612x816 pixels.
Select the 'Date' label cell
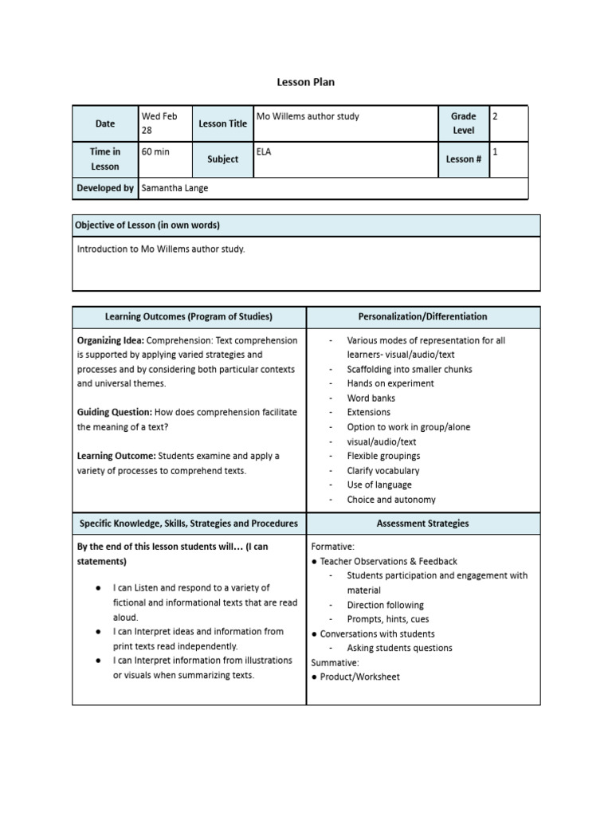coord(105,124)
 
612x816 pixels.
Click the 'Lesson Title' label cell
coord(222,124)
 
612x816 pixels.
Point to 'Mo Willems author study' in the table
coord(308,116)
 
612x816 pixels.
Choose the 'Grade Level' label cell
coord(463,124)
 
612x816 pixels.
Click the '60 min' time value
coord(155,151)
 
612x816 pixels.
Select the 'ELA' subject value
coord(264,151)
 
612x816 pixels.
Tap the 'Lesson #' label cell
coord(463,159)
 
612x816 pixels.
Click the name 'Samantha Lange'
coord(175,188)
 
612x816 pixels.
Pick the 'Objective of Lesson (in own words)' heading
coord(147,226)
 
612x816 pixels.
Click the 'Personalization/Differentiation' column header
coord(422,316)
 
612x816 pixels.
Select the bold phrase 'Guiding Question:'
coord(114,412)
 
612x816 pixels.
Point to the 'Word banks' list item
coord(371,398)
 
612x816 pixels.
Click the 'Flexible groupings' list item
coord(383,456)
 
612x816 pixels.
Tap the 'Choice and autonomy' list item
coord(391,500)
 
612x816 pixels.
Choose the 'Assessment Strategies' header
coord(422,524)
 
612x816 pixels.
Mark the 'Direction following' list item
coord(385,605)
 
